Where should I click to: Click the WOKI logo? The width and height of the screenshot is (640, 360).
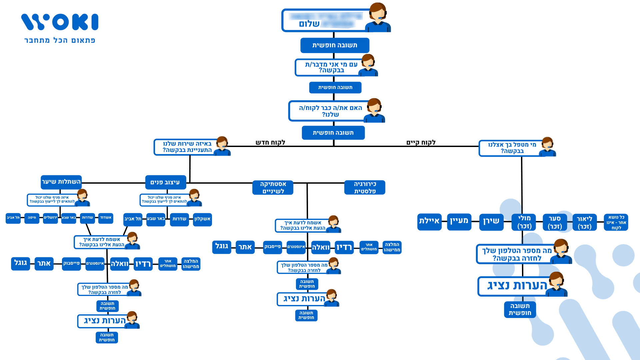click(x=60, y=22)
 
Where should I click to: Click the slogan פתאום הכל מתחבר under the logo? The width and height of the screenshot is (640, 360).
click(x=60, y=40)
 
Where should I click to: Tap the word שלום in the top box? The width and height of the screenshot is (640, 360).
click(x=309, y=24)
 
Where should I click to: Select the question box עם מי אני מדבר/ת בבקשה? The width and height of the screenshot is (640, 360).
click(x=331, y=67)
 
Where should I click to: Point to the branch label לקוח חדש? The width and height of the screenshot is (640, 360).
click(x=270, y=143)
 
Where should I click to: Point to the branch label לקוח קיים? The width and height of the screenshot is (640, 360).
click(x=421, y=143)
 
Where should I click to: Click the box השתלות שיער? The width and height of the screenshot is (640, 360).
click(x=61, y=182)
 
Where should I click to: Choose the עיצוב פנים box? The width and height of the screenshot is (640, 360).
click(x=165, y=182)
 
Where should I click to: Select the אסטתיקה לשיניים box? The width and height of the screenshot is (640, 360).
click(x=273, y=187)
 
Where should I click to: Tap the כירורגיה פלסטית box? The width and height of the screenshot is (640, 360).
click(x=365, y=187)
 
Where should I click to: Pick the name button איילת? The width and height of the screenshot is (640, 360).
click(x=429, y=221)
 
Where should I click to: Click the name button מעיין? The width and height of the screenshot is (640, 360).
click(x=459, y=221)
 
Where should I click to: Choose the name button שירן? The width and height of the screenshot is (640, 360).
click(x=491, y=221)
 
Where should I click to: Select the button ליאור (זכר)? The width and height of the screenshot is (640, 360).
click(x=584, y=222)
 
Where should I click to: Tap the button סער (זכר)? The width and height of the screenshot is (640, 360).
click(x=555, y=222)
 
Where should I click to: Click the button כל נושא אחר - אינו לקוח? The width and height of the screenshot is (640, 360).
click(x=616, y=222)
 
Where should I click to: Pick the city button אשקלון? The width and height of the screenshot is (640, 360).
click(x=202, y=219)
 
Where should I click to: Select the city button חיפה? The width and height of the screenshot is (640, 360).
click(x=32, y=218)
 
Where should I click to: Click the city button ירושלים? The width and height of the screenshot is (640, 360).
click(x=50, y=218)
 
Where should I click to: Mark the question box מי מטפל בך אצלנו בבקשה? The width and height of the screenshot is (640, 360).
click(x=512, y=148)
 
